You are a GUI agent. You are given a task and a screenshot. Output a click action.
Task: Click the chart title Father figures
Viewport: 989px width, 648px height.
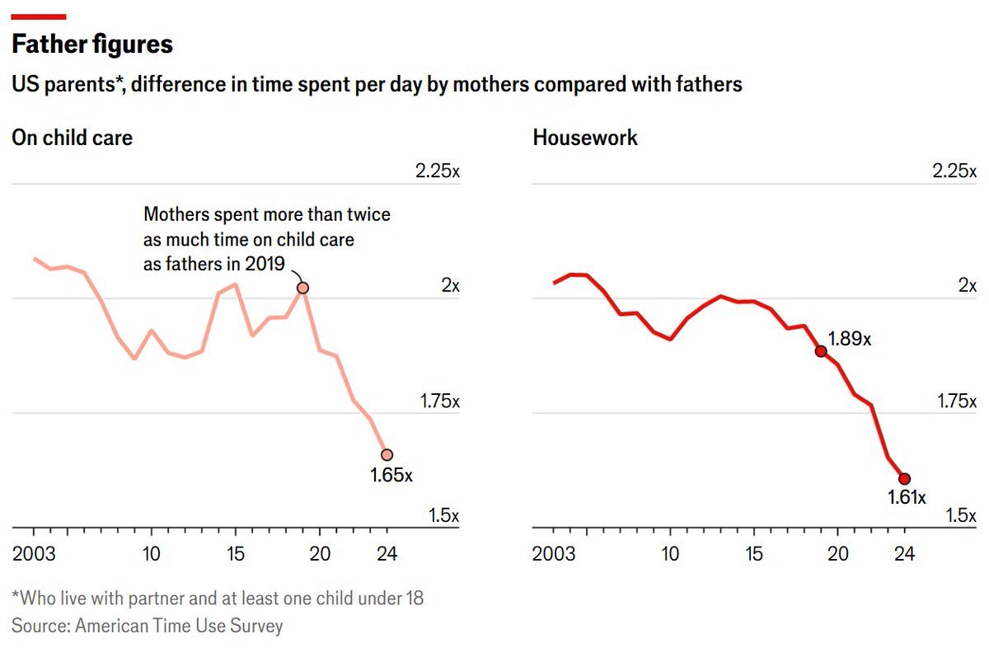(x=92, y=44)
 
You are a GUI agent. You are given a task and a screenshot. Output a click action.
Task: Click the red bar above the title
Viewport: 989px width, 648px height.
(x=39, y=16)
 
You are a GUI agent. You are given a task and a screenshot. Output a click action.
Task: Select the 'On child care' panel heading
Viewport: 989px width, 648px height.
(x=72, y=138)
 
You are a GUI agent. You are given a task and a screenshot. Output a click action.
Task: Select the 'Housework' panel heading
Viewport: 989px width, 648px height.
(x=585, y=138)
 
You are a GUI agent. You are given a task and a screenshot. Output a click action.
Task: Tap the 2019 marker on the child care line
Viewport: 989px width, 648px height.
(x=302, y=288)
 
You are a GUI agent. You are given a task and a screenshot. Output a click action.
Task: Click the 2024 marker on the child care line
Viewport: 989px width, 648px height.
(x=387, y=454)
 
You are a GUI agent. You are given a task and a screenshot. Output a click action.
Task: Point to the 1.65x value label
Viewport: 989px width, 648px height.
(x=391, y=476)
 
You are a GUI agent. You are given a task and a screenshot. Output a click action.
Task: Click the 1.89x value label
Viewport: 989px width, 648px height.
(x=849, y=339)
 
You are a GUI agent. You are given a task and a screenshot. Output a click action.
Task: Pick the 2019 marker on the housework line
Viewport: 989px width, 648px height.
(x=821, y=351)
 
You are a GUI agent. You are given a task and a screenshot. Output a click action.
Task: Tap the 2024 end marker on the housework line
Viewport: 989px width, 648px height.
(x=904, y=479)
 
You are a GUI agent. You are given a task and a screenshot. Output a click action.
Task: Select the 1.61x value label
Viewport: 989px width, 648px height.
(x=907, y=498)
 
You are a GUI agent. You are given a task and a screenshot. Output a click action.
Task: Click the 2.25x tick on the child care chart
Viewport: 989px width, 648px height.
(x=437, y=171)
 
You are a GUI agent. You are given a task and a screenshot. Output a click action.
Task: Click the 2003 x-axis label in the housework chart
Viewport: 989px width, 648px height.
(x=554, y=553)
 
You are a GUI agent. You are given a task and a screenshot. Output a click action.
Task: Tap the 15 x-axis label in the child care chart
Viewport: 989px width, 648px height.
(x=235, y=553)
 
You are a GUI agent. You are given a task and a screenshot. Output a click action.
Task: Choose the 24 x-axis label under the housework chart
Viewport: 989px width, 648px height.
(x=904, y=553)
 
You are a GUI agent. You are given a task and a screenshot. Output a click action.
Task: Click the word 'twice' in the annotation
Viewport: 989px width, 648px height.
(x=367, y=215)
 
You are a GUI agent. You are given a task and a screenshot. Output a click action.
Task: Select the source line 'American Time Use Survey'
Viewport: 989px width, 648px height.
(x=179, y=626)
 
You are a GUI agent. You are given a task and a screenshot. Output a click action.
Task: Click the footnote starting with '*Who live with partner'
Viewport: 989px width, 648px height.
(x=218, y=598)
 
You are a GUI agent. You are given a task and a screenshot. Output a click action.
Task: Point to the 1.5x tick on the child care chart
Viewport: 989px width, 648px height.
(x=443, y=516)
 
